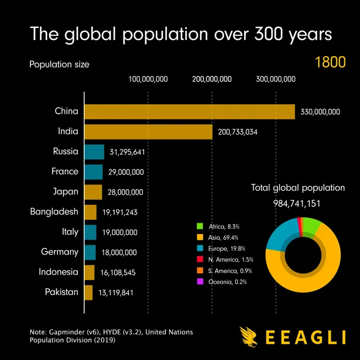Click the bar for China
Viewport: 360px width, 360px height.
[190, 111]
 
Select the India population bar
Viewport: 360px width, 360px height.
[148, 132]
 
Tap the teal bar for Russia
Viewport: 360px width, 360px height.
[94, 152]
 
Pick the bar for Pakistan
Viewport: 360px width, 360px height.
[89, 292]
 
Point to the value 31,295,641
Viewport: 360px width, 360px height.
[128, 152]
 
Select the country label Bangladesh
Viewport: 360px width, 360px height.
[54, 211]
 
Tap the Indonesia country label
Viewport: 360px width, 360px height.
[58, 272]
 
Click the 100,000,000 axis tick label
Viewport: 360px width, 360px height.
[148, 79]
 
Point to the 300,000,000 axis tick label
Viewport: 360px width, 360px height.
[276, 79]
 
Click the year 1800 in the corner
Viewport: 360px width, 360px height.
[330, 62]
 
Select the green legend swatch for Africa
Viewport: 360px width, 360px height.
[199, 227]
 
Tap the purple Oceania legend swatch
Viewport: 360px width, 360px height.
[199, 282]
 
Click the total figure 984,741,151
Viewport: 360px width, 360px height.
[298, 203]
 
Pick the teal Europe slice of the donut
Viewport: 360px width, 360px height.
[277, 235]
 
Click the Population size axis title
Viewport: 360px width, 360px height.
[59, 64]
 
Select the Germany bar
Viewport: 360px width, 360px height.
[90, 252]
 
